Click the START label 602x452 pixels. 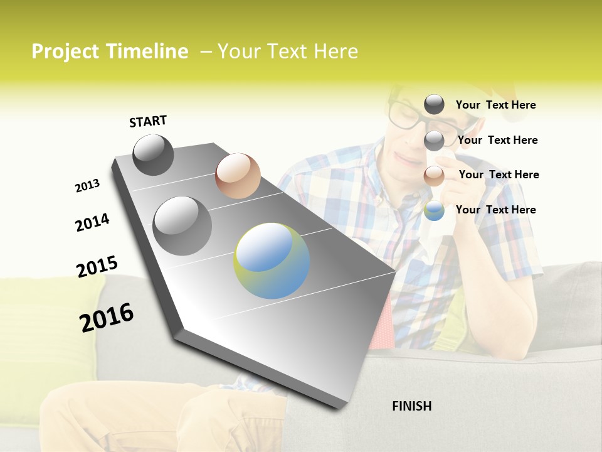pyautogui.click(x=148, y=121)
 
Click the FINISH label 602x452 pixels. pyautogui.click(x=411, y=406)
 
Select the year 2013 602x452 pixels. pyautogui.click(x=87, y=186)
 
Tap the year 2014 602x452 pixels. pyautogui.click(x=92, y=223)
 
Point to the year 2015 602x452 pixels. pyautogui.click(x=97, y=267)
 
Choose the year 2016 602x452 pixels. pyautogui.click(x=107, y=317)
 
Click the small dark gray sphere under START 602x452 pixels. pyautogui.click(x=153, y=154)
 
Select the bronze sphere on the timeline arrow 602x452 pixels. pyautogui.click(x=238, y=176)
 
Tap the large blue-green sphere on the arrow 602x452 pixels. pyautogui.click(x=272, y=261)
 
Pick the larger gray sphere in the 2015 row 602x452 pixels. pyautogui.click(x=182, y=225)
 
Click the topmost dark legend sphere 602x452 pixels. pyautogui.click(x=434, y=105)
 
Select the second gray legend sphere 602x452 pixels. pyautogui.click(x=434, y=141)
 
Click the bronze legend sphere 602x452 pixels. pyautogui.click(x=434, y=176)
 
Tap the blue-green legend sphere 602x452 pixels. pyautogui.click(x=434, y=210)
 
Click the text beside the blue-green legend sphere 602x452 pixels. pyautogui.click(x=495, y=210)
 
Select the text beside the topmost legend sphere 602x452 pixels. pyautogui.click(x=495, y=105)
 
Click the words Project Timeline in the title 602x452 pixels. pyautogui.click(x=110, y=51)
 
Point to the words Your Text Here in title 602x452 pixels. pyautogui.click(x=287, y=51)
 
